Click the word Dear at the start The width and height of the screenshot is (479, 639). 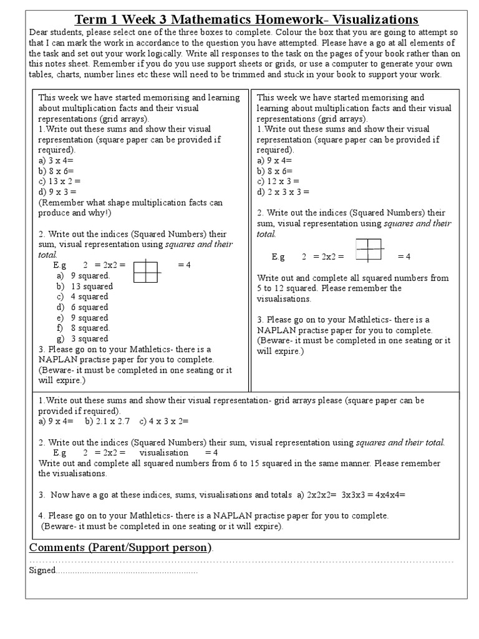[40, 32]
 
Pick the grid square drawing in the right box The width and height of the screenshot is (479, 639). [368, 250]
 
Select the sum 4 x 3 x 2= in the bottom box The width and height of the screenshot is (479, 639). [162, 421]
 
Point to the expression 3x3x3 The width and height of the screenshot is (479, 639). [357, 494]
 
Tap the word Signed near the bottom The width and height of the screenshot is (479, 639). [42, 570]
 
